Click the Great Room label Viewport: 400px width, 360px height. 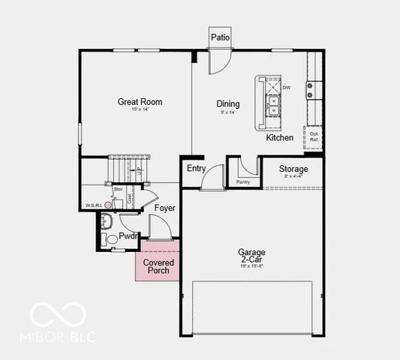click(x=140, y=102)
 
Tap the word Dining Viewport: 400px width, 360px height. click(x=228, y=104)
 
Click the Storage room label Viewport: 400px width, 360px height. click(x=293, y=169)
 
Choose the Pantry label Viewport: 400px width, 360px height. click(x=242, y=181)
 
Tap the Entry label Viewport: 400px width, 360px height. click(x=196, y=169)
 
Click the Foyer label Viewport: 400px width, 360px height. click(x=165, y=207)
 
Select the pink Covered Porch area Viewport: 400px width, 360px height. click(x=158, y=266)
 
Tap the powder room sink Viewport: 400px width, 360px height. click(x=106, y=220)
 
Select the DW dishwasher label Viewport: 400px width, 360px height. click(x=287, y=87)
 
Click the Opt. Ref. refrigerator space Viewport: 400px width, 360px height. click(x=314, y=136)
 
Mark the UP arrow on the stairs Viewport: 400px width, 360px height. click(x=139, y=172)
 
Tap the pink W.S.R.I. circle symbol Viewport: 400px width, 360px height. click(x=108, y=204)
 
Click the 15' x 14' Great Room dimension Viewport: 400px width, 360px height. click(x=140, y=110)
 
